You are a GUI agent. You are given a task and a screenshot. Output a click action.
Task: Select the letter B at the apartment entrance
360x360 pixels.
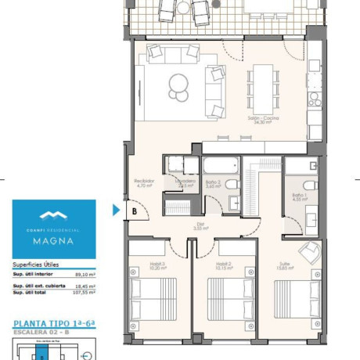[x=135, y=211]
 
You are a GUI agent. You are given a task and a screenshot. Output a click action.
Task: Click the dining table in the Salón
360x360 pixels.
[x=262, y=81]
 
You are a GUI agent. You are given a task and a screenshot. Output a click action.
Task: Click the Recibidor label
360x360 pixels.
[x=144, y=184]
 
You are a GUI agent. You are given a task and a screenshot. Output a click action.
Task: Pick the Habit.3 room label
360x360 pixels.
[x=160, y=266]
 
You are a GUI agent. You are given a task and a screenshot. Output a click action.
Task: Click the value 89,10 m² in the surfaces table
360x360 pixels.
[x=84, y=275]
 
